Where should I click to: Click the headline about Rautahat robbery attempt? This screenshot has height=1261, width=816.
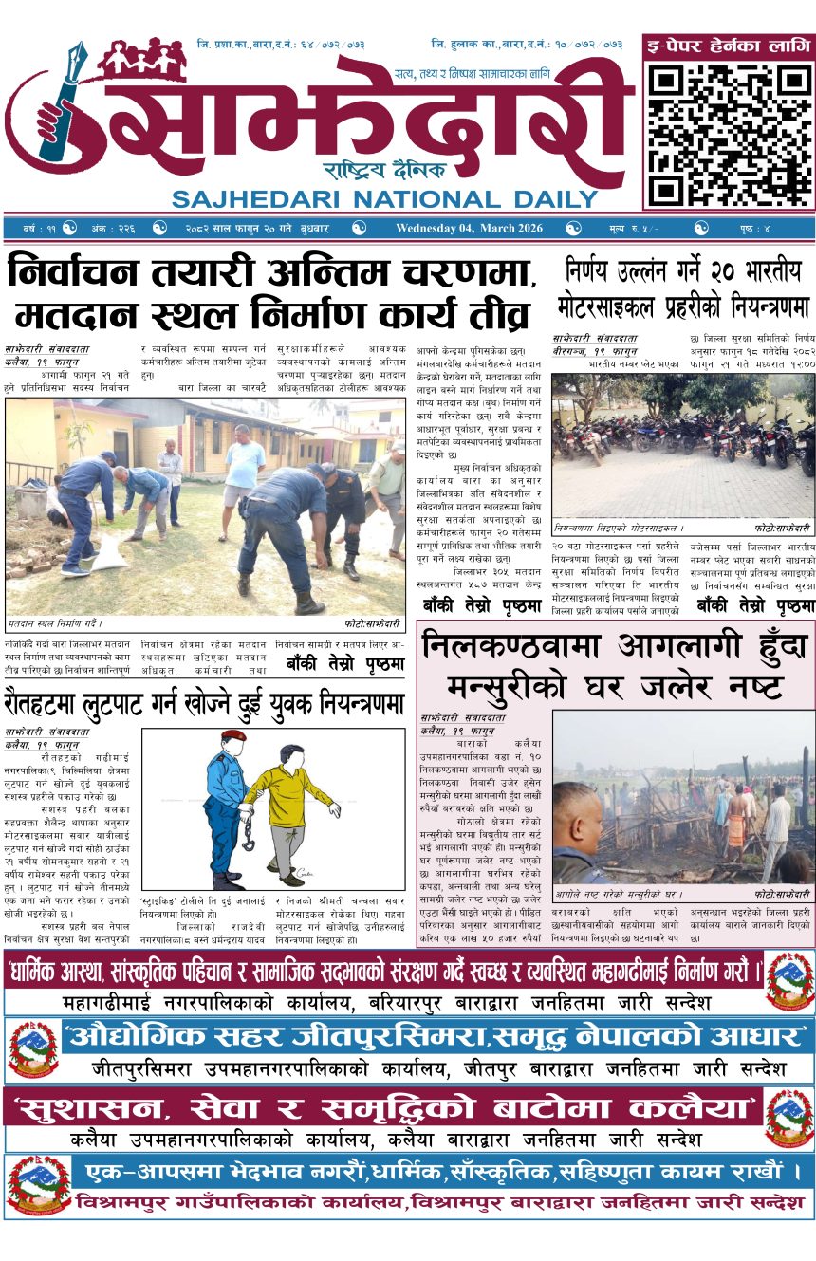pos(203,703)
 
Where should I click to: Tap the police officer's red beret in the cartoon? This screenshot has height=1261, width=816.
pos(232,735)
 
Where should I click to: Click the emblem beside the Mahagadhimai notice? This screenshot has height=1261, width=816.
pos(789,981)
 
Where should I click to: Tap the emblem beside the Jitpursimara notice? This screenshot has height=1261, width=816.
pos(33,1048)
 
